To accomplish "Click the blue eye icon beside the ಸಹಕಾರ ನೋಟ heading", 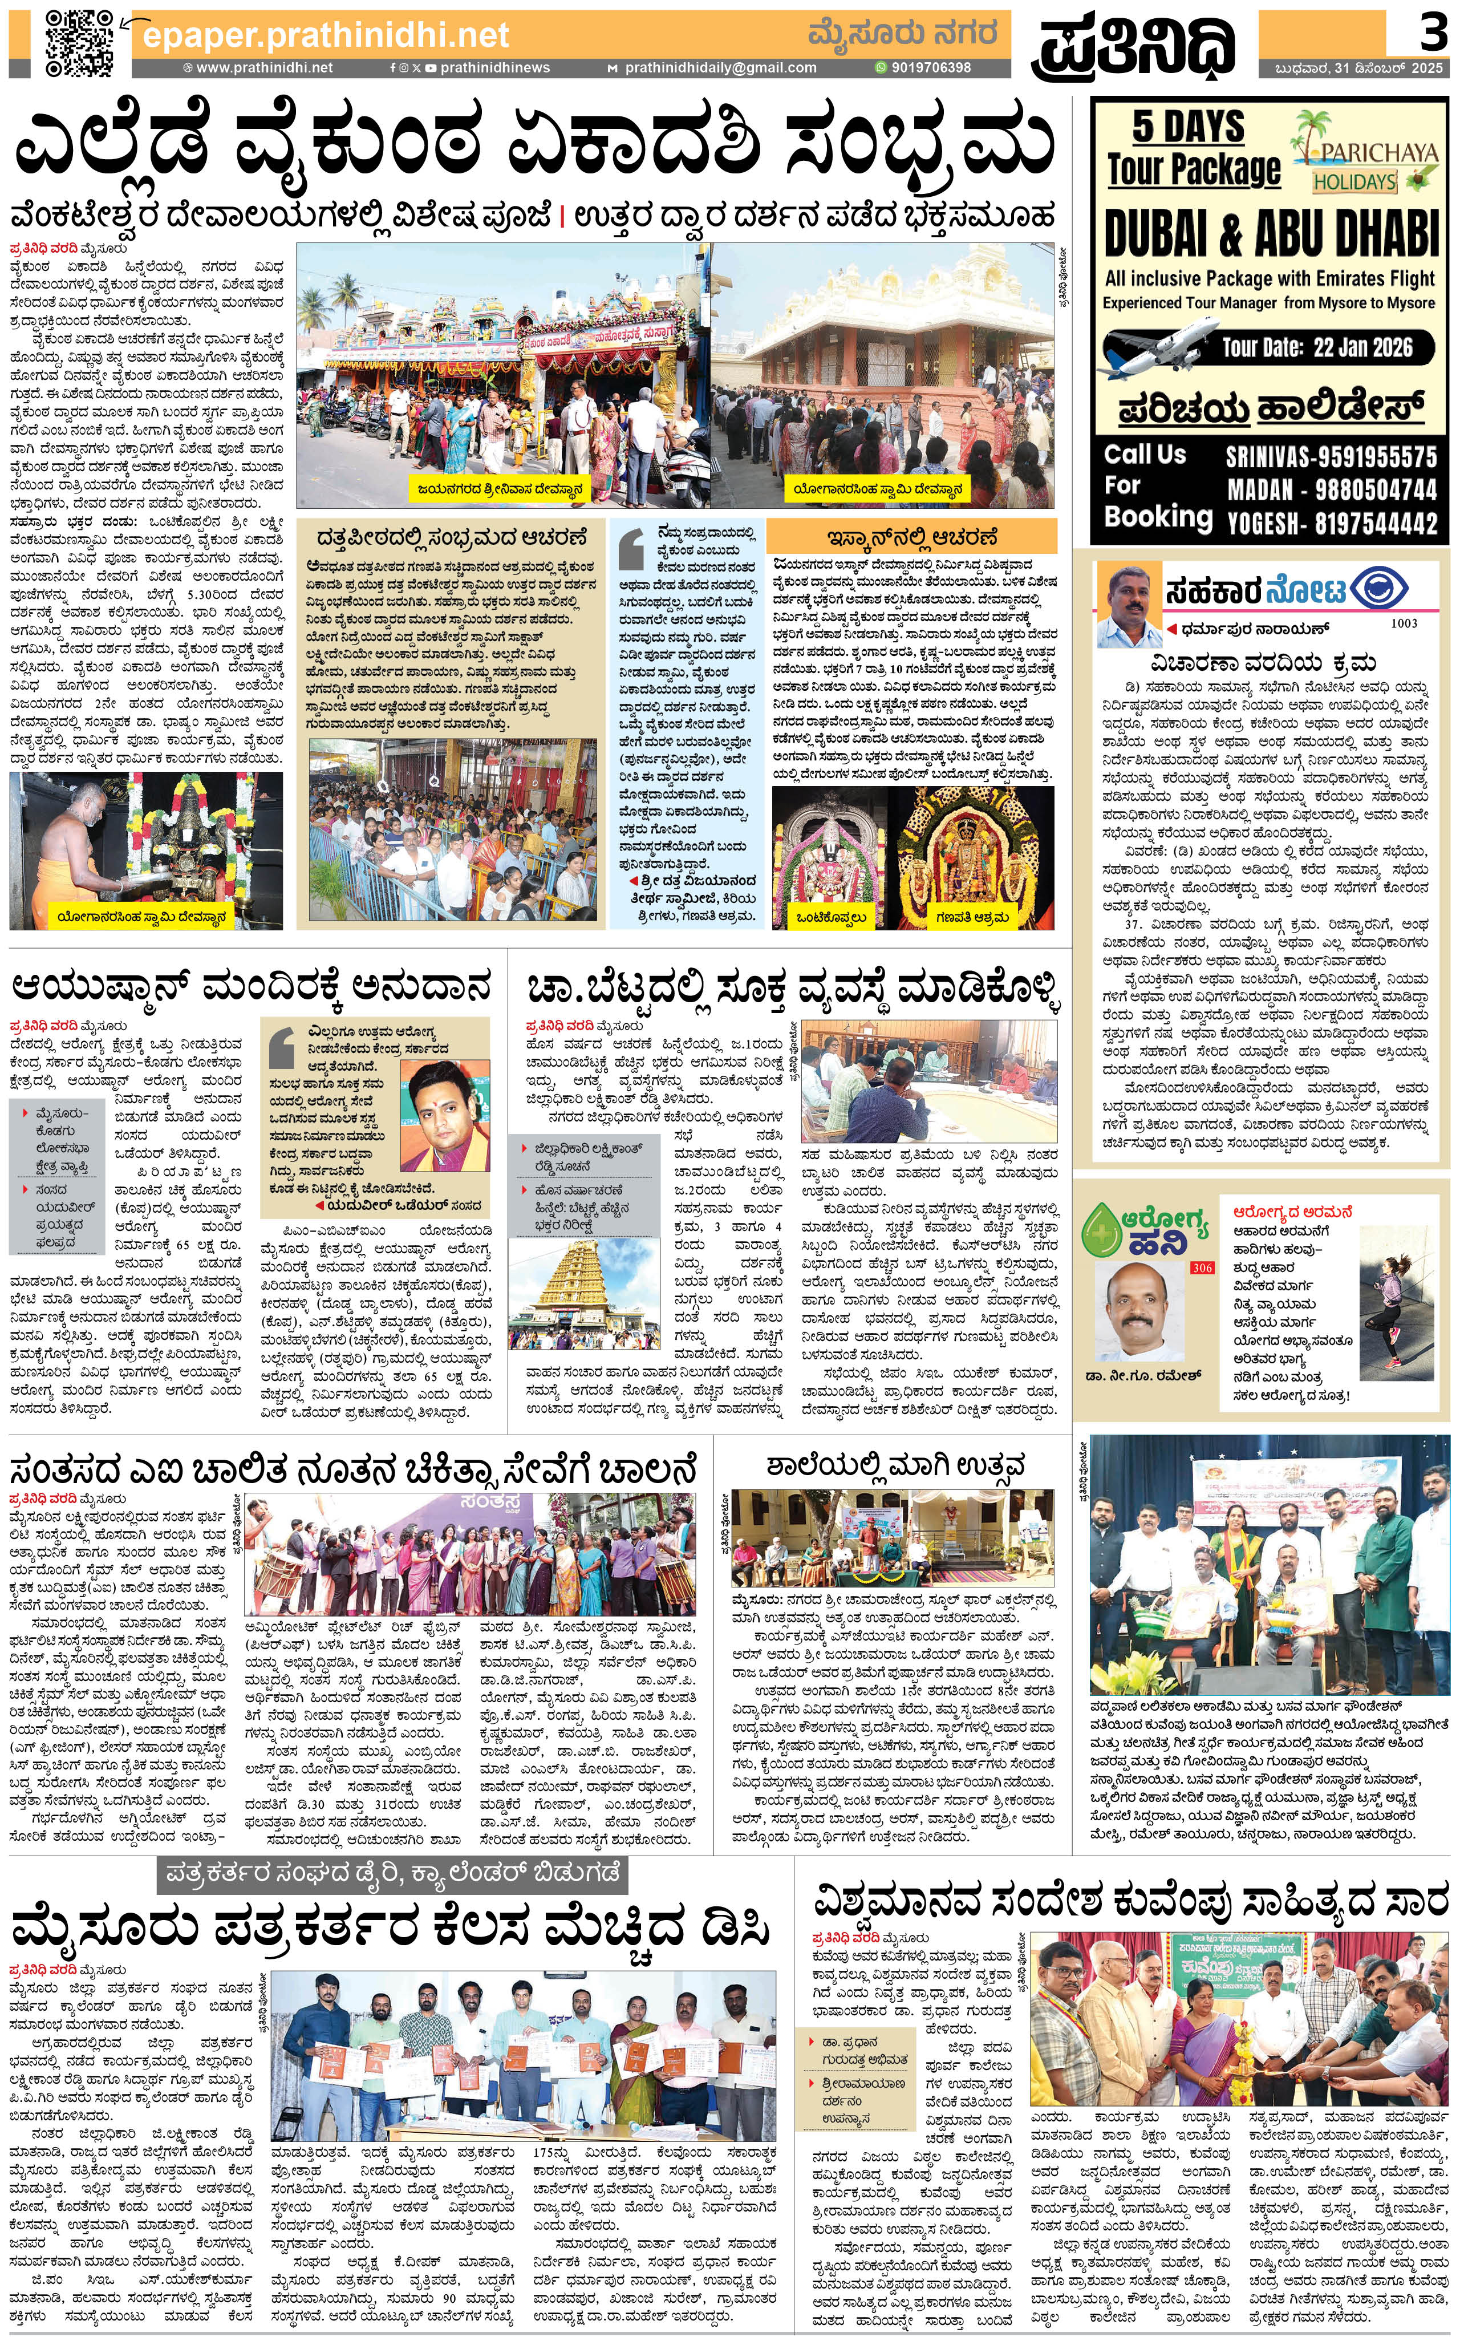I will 1379,588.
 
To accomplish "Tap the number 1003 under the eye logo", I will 1404,623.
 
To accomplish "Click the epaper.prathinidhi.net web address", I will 326,36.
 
